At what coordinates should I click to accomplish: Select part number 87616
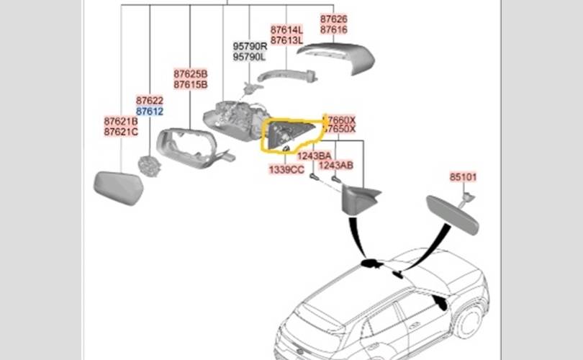[334, 30]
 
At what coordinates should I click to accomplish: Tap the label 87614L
[287, 30]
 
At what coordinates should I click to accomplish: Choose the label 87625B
[191, 74]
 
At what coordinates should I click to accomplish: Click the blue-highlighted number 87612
[150, 112]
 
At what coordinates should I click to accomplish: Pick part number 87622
[150, 102]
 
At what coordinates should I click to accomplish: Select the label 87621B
[121, 122]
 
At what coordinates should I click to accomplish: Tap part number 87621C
[121, 132]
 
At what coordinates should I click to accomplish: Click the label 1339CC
[286, 169]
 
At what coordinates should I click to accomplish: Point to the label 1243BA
[315, 156]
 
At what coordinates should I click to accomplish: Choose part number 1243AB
[336, 165]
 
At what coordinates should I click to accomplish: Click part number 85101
[464, 176]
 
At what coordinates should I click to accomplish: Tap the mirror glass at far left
[119, 187]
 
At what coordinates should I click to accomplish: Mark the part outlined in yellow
[288, 135]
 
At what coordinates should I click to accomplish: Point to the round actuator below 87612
[149, 165]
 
